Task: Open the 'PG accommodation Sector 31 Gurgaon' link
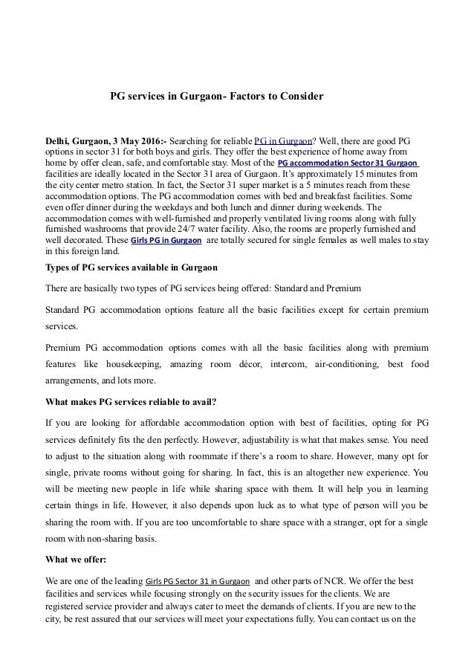coord(347,163)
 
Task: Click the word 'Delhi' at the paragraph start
coord(58,141)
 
